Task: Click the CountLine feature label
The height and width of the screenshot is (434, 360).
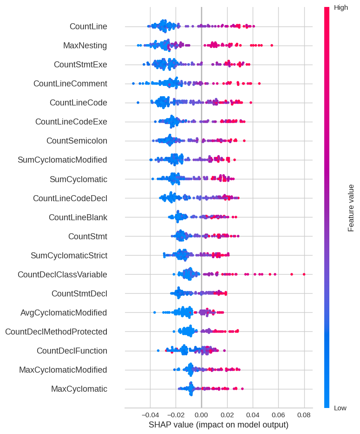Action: tap(88, 26)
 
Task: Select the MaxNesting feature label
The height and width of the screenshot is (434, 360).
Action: tap(85, 46)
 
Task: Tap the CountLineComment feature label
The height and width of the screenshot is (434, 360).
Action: tap(70, 84)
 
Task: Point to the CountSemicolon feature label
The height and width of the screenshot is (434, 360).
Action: tap(77, 140)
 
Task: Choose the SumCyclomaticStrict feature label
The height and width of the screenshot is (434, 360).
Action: tap(69, 255)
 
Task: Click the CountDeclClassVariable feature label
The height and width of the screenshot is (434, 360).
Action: tap(62, 275)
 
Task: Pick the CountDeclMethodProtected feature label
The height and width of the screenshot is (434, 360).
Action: tap(56, 332)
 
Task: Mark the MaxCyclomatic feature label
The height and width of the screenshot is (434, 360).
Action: tap(79, 389)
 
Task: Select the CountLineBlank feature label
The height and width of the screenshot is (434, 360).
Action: tap(78, 217)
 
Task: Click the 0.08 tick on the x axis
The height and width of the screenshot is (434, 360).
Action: tap(304, 414)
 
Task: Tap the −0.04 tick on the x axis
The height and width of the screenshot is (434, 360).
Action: tap(150, 414)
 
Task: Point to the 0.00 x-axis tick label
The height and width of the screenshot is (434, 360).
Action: tap(201, 414)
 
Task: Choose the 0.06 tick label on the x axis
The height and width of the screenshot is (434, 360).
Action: tap(278, 414)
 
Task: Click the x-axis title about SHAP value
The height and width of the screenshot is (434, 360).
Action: tap(218, 425)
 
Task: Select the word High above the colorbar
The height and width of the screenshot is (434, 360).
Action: tap(340, 7)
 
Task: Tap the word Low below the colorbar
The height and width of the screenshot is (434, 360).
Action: tap(340, 408)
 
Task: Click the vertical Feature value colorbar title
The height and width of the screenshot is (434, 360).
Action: tap(351, 208)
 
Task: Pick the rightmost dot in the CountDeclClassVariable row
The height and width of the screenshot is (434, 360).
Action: tap(304, 274)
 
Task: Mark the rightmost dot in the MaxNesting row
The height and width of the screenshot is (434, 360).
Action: tap(272, 45)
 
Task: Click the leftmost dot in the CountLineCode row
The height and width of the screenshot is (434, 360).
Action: tap(137, 102)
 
